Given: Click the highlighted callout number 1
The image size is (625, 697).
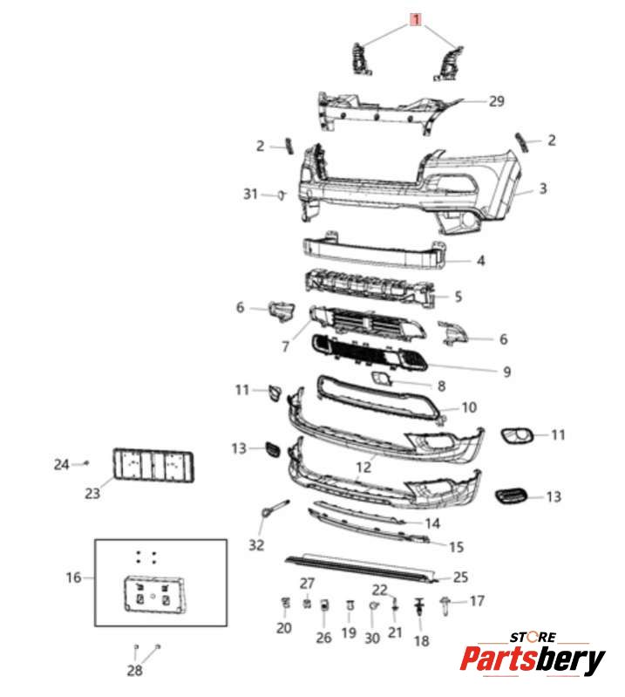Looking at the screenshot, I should tap(417, 19).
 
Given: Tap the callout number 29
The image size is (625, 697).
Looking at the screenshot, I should tap(495, 101).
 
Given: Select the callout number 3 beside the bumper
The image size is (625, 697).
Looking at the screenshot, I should tap(542, 188).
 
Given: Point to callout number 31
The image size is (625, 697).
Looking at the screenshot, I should tap(250, 194).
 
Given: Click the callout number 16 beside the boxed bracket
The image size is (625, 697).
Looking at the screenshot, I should tap(73, 577).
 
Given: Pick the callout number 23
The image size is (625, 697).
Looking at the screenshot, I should tap(92, 494).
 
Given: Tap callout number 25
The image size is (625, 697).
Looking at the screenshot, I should tap(460, 577).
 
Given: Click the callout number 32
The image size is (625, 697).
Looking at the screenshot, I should tap(255, 545).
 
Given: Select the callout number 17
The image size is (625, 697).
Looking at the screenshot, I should tap(477, 601).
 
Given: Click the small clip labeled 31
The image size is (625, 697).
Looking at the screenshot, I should tap(282, 194).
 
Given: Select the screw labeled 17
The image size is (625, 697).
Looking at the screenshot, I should tap(448, 601).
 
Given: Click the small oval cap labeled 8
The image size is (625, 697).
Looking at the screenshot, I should tap(382, 378).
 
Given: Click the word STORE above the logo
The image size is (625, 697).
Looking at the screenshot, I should tap(534, 638).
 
